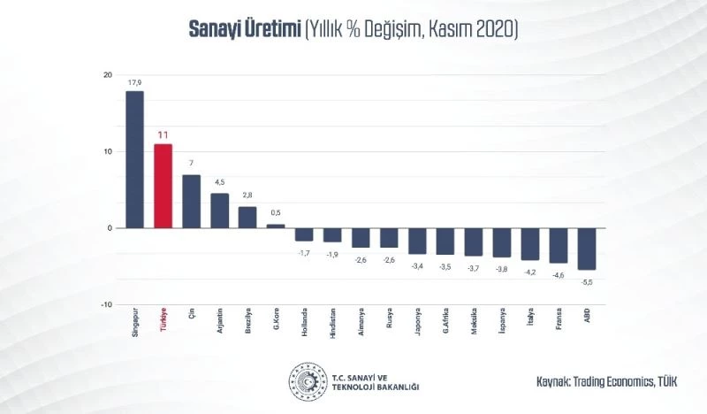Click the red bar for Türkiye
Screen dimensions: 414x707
[163, 186]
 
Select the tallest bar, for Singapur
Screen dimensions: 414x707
[134, 159]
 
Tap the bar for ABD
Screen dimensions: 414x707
[587, 249]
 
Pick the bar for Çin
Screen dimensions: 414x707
[191, 201]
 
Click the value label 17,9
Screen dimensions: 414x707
[134, 83]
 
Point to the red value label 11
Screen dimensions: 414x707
[163, 135]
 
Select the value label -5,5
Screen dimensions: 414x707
[587, 280]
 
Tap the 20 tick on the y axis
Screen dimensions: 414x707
[106, 75]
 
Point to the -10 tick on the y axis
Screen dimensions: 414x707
[105, 304]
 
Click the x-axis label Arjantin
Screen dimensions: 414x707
[220, 325]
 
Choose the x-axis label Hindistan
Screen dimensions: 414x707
[333, 326]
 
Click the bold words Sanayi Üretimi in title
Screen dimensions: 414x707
[244, 29]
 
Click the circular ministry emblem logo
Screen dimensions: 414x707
[307, 380]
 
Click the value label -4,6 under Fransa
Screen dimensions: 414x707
[559, 274]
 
